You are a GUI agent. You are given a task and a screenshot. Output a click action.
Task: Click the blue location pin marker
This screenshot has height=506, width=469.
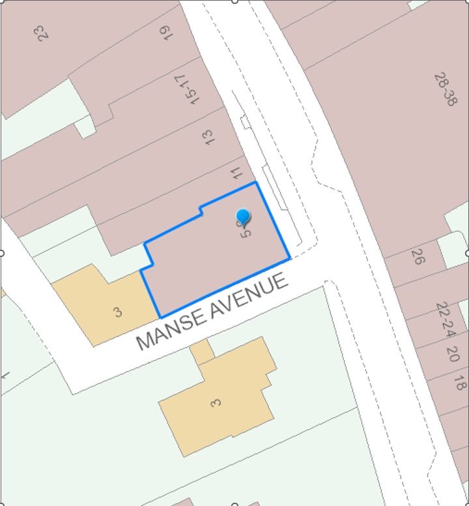pyautogui.click(x=243, y=217)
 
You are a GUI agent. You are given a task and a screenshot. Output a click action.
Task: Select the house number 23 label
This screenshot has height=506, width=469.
pyautogui.click(x=43, y=33)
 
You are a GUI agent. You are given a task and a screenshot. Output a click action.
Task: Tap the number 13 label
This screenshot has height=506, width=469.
pyautogui.click(x=208, y=137)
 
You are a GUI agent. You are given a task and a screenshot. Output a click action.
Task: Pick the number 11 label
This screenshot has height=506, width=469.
pyautogui.click(x=236, y=173)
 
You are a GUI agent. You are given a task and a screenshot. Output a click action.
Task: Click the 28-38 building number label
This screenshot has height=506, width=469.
pyautogui.click(x=445, y=89)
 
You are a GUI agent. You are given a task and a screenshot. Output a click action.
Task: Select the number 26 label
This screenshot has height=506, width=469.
pyautogui.click(x=418, y=256)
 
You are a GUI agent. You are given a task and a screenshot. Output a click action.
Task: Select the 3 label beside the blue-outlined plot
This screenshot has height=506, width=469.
pyautogui.click(x=117, y=312)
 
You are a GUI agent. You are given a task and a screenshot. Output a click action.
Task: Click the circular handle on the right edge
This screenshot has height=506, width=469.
pyautogui.click(x=467, y=253)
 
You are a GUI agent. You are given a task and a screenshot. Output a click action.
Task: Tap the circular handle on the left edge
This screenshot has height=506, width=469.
pyautogui.click(x=1, y=253)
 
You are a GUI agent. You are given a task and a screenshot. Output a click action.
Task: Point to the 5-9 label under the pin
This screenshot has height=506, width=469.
pyautogui.click(x=246, y=230)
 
